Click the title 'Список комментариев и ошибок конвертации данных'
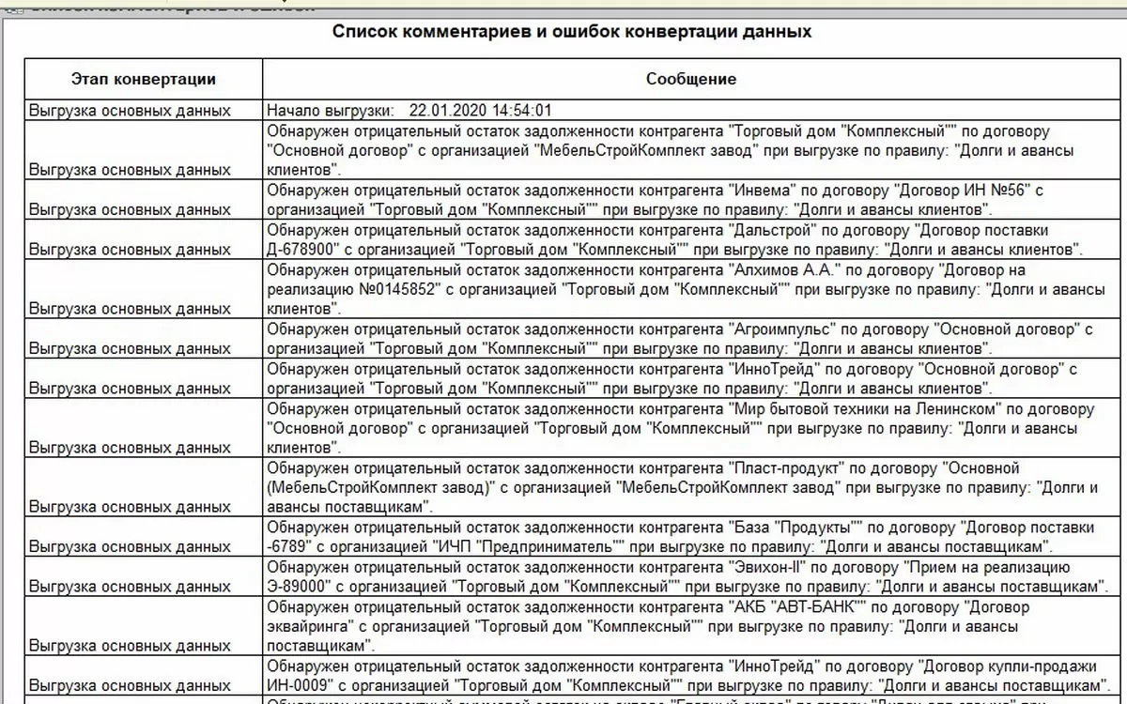pyautogui.click(x=572, y=31)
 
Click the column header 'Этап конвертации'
pyautogui.click(x=144, y=79)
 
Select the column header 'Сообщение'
pyautogui.click(x=691, y=79)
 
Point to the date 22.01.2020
pyautogui.click(x=443, y=110)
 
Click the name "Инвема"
pyautogui.click(x=758, y=191)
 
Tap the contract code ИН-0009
pyautogui.click(x=297, y=686)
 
